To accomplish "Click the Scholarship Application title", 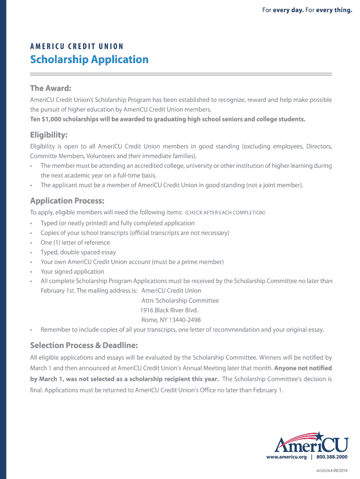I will tap(89, 60).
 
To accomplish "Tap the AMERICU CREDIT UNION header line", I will tap(77, 46).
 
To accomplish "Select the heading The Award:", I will tap(50, 88).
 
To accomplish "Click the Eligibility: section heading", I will tap(49, 135).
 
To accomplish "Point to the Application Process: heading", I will tap(67, 201).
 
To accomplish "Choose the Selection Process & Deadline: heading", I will tap(84, 346).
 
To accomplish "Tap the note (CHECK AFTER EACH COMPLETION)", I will tap(225, 213).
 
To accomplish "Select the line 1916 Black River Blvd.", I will tap(169, 310).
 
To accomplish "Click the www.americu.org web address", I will tap(286, 457).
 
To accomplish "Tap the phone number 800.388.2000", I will tap(332, 457).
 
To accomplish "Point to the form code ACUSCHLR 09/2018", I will tap(332, 470).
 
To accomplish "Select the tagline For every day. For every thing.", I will tap(307, 10).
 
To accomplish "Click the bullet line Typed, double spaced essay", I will tap(78, 252).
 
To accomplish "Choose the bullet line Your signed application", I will tap(72, 272).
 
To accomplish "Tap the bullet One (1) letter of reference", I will tap(75, 242).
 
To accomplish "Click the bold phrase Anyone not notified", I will tap(303, 368).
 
